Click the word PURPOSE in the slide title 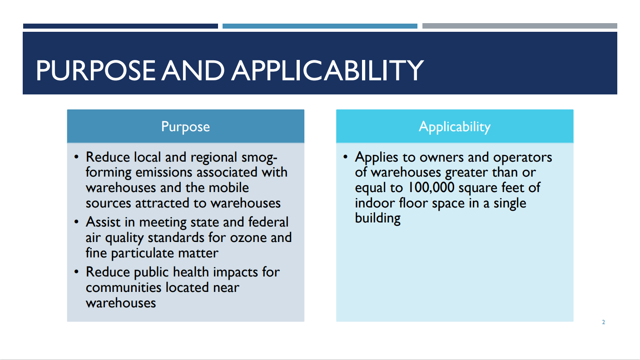[x=95, y=70]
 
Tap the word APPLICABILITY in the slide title [x=327, y=70]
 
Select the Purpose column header [x=186, y=126]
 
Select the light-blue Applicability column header [x=455, y=126]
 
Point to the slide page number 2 [x=603, y=322]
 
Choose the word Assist [x=103, y=222]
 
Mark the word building [x=378, y=218]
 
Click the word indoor [x=375, y=203]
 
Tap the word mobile [x=229, y=187]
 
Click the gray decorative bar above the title [x=520, y=26]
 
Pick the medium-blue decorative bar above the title [x=320, y=26]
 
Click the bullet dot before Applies [x=345, y=157]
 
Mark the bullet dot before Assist [x=76, y=222]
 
